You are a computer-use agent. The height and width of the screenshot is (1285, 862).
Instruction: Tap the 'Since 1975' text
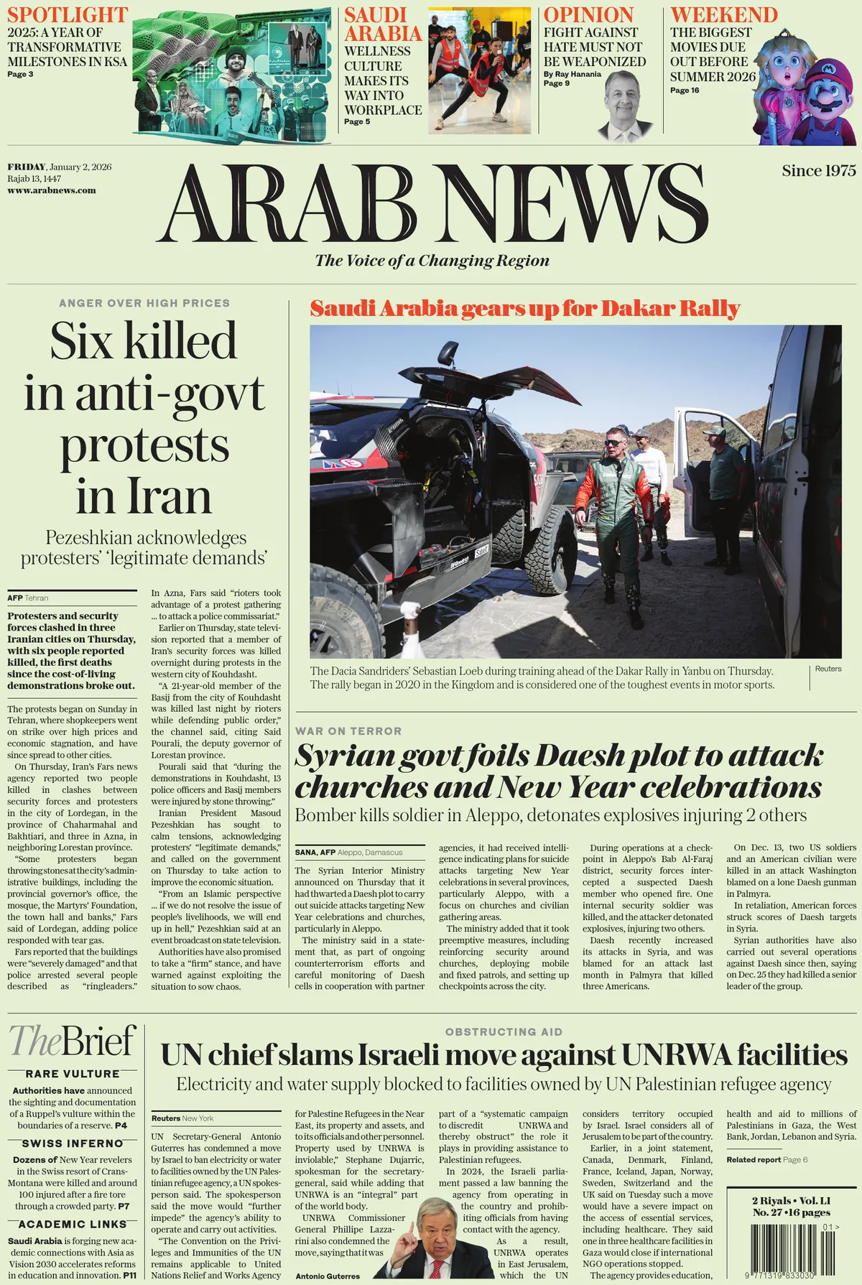pos(819,171)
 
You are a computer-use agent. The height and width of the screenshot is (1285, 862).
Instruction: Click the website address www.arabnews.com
pos(52,190)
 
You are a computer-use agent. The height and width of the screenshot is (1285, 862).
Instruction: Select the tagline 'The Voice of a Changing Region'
pos(432,260)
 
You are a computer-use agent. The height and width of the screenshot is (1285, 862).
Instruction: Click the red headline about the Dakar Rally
pos(524,309)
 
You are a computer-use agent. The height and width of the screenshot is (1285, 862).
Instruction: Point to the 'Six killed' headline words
pos(143,340)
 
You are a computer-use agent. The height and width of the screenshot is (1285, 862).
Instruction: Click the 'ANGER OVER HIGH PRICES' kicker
pos(144,303)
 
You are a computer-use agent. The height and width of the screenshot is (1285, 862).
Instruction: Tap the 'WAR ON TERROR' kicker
pos(348,730)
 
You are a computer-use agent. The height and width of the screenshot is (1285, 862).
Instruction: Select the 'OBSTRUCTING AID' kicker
pos(504,1031)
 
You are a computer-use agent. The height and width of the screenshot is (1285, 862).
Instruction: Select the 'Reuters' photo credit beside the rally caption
pos(828,669)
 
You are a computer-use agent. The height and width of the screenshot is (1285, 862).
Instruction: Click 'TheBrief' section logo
pos(72,1041)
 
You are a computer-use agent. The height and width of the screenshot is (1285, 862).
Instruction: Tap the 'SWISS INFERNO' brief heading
pos(73,1143)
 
